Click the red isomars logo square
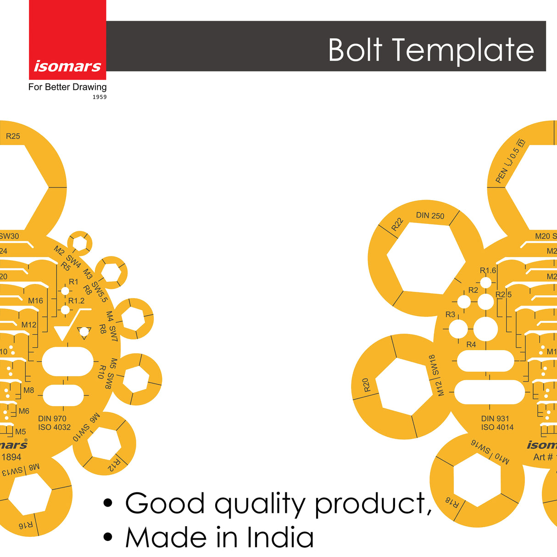tap(67, 39)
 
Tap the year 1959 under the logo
tap(100, 97)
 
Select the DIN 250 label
tap(430, 216)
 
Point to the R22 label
tap(397, 224)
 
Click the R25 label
tap(13, 136)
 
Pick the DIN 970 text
tap(52, 418)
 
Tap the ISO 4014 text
tap(497, 427)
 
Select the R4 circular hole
tap(485, 329)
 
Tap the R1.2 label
tap(77, 301)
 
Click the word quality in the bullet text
tap(260, 504)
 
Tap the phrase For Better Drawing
tap(67, 87)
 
